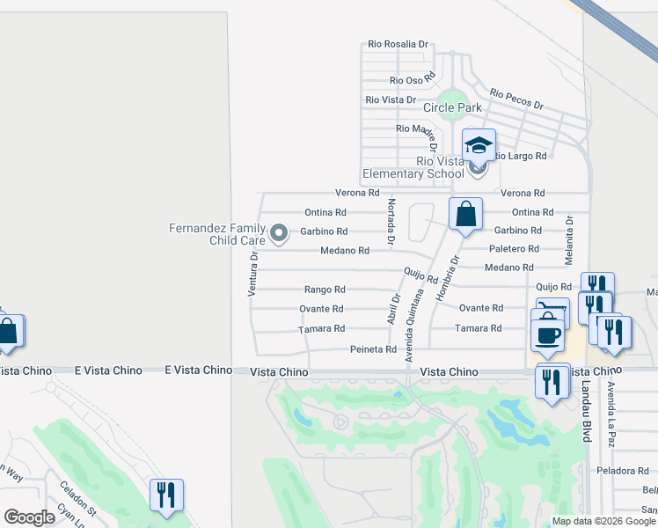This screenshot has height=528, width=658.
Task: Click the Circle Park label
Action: [452, 107]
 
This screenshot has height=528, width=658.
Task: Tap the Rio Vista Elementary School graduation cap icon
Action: [479, 144]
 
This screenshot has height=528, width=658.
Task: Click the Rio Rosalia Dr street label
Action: [398, 43]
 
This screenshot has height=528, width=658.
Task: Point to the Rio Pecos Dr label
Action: [516, 99]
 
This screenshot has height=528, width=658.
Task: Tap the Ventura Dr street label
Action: [252, 273]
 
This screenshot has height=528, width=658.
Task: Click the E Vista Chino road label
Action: [198, 370]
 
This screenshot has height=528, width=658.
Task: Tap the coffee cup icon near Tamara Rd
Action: [548, 334]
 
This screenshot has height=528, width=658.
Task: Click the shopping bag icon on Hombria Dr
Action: [465, 214]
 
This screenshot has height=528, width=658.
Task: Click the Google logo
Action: [29, 517]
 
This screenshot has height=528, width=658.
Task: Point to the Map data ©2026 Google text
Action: [603, 521]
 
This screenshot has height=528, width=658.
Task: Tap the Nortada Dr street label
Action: [391, 222]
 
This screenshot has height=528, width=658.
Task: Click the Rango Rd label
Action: [324, 289]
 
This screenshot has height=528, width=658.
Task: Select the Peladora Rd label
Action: [621, 471]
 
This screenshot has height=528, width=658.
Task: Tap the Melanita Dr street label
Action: [570, 237]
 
